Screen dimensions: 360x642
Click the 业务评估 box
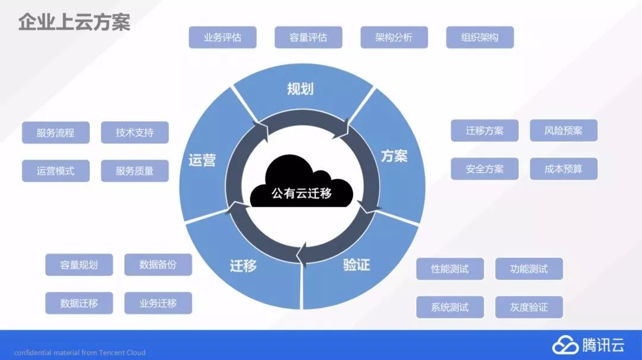[x=222, y=37]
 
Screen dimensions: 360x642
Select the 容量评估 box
[x=308, y=37]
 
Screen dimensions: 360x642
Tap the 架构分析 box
[x=394, y=37]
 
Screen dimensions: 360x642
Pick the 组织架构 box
[x=480, y=37]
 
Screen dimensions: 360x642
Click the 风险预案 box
[x=564, y=131]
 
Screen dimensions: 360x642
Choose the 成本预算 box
[x=564, y=169]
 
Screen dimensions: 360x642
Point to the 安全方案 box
[x=484, y=169]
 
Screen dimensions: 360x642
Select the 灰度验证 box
[x=529, y=307]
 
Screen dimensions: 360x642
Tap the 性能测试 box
[x=450, y=269]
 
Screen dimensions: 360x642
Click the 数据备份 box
[x=158, y=265]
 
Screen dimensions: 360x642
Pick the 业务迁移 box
[x=158, y=303]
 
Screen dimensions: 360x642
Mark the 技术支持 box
[x=135, y=133]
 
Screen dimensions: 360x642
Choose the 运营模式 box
[x=56, y=171]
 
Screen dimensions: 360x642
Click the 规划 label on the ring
[x=300, y=89]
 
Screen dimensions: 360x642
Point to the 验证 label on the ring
[x=357, y=264]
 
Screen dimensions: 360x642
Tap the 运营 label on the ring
[x=202, y=160]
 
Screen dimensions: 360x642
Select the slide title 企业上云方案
[x=74, y=22]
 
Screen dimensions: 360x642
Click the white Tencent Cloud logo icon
[x=565, y=345]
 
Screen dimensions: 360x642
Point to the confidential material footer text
[x=80, y=352]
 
